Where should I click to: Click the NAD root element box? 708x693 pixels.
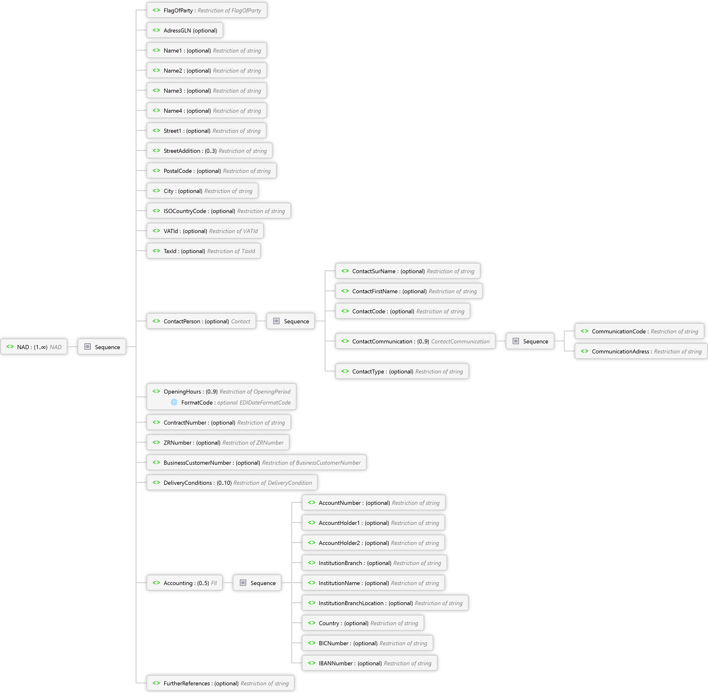pyautogui.click(x=34, y=347)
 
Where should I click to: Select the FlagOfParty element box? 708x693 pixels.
pyautogui.click(x=207, y=11)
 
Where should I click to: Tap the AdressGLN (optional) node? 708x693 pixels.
pyautogui.click(x=184, y=31)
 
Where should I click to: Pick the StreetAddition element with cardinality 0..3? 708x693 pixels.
pyautogui.click(x=210, y=151)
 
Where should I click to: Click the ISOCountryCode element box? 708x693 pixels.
pyautogui.click(x=219, y=211)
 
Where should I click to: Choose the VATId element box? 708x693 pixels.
pyautogui.click(x=205, y=231)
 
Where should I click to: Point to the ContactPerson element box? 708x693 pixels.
pyautogui.click(x=201, y=321)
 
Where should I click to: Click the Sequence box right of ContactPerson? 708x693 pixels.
pyautogui.click(x=290, y=321)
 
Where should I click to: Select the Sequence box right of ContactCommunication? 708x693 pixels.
pyautogui.click(x=530, y=341)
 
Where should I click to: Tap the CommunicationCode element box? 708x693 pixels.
pyautogui.click(x=639, y=331)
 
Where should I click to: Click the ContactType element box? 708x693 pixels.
pyautogui.click(x=402, y=372)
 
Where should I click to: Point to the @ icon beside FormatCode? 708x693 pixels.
pyautogui.click(x=174, y=402)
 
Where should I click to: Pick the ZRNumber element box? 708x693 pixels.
pyautogui.click(x=218, y=443)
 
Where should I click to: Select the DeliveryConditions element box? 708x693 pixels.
pyautogui.click(x=232, y=483)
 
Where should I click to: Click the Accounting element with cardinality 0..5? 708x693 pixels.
pyautogui.click(x=184, y=583)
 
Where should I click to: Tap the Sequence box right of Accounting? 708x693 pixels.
pyautogui.click(x=257, y=583)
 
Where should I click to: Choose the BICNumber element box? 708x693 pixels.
pyautogui.click(x=367, y=643)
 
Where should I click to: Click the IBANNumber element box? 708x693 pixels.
pyautogui.click(x=370, y=663)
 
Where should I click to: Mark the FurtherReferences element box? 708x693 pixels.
pyautogui.click(x=221, y=683)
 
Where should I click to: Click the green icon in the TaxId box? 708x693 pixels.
pyautogui.click(x=156, y=251)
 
